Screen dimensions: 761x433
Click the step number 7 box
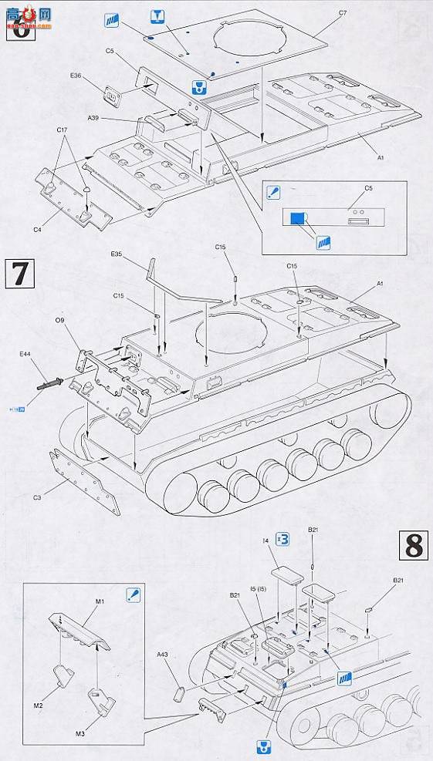coord(20,274)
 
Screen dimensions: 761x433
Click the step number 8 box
coord(414,546)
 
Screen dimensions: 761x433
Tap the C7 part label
coord(343,13)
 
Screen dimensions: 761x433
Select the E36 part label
coord(75,76)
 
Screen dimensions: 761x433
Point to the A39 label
coord(93,118)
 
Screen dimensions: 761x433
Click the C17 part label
coord(62,130)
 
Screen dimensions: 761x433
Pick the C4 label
coord(38,229)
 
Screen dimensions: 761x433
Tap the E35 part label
coord(117,254)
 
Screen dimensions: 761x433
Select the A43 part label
coord(162,655)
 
